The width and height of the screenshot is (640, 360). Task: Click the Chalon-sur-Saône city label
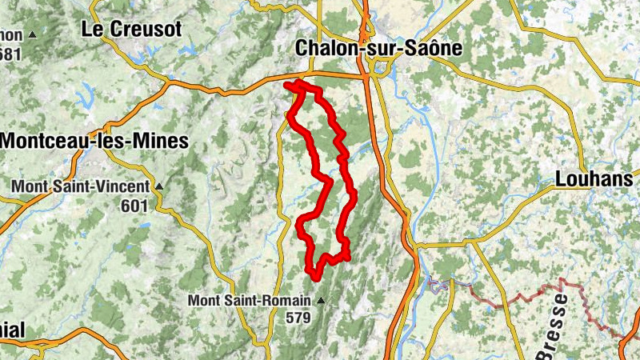tap(379, 48)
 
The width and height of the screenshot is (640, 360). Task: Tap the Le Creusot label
tap(133, 30)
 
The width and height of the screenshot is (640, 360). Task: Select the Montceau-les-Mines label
tap(94, 142)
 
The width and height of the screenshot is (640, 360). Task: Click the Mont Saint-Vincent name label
tap(80, 186)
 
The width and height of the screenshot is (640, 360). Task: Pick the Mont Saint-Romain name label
tap(250, 301)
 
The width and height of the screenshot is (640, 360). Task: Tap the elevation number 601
tap(136, 206)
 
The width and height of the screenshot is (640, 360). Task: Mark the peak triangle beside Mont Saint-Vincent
tap(158, 187)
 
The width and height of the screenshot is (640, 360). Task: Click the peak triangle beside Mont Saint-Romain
tap(321, 301)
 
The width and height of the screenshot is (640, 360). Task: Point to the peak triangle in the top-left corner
tap(32, 35)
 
